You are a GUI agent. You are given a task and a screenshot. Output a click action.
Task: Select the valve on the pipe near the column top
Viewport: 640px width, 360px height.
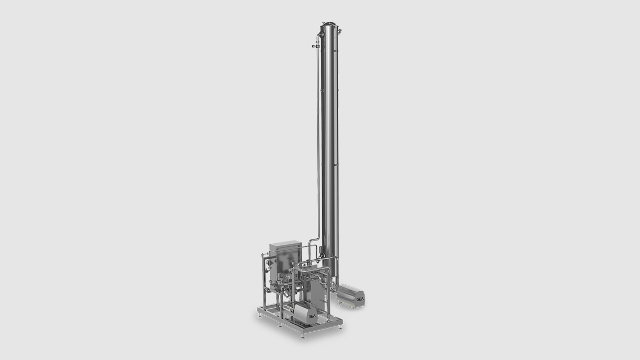(315, 47)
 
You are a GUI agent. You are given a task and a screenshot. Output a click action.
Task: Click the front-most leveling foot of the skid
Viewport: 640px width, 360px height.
(303, 336)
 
